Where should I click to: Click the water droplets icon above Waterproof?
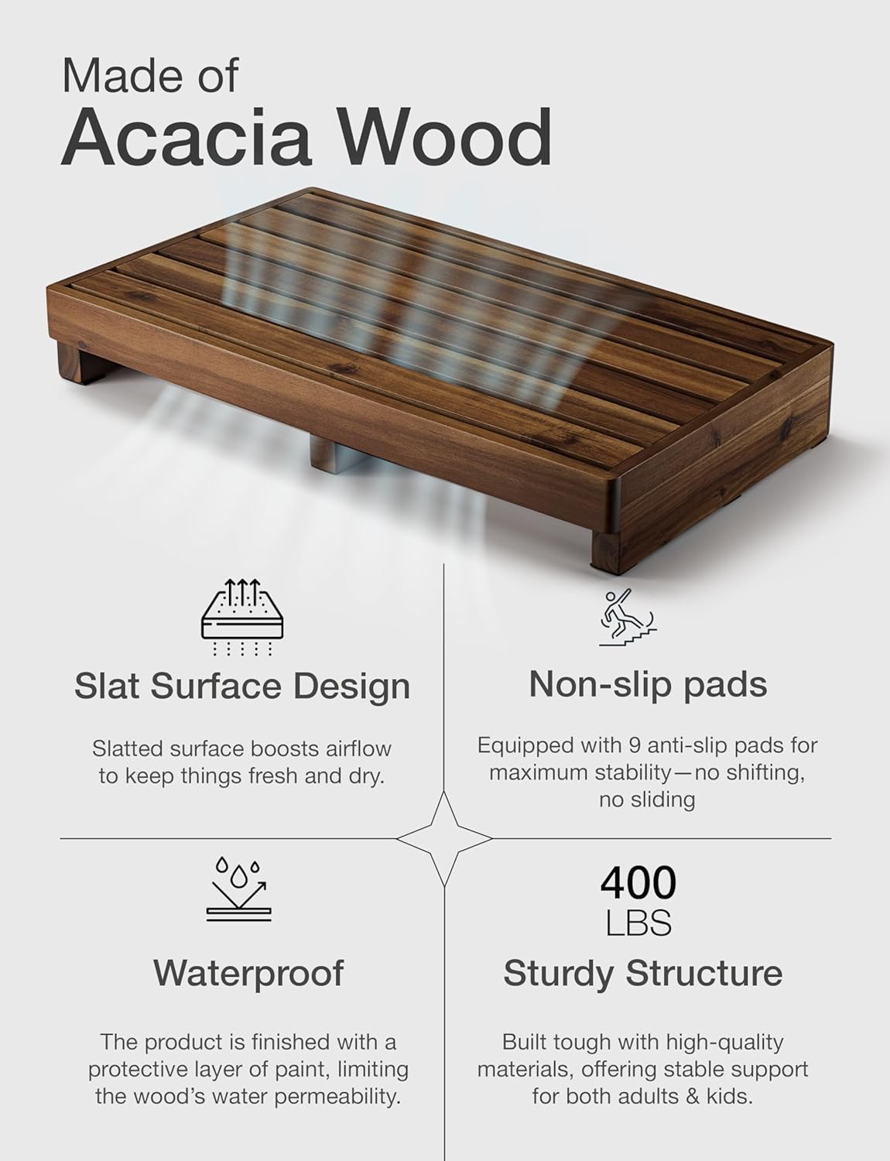(241, 889)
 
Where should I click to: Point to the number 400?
(638, 882)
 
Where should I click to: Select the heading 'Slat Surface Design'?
(241, 686)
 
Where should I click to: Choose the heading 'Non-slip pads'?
(648, 684)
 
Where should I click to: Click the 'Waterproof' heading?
(248, 973)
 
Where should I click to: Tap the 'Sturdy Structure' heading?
(642, 973)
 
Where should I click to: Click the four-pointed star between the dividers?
(444, 838)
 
